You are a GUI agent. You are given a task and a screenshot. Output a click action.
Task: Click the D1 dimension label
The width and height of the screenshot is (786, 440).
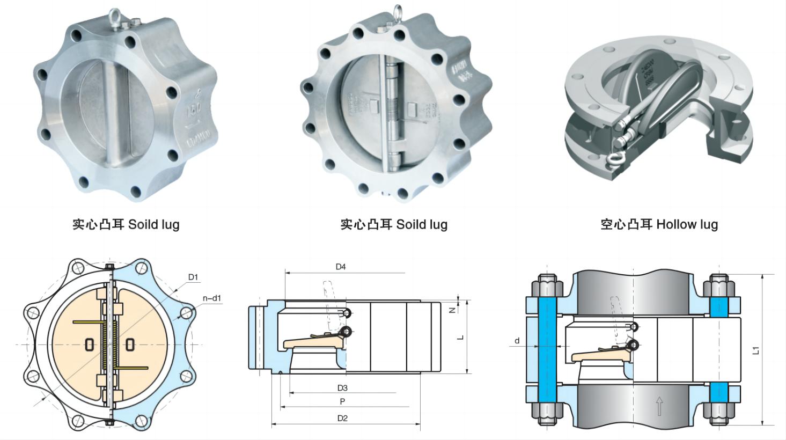(x=193, y=277)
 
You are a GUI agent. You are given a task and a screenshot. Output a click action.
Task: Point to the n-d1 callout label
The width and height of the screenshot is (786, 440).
(x=211, y=298)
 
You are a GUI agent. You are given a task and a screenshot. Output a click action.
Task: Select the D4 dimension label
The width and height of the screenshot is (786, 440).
(x=341, y=267)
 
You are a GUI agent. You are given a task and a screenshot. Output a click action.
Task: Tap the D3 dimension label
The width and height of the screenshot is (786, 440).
(x=342, y=387)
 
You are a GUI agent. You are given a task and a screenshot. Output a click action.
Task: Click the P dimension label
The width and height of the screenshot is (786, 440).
(x=342, y=401)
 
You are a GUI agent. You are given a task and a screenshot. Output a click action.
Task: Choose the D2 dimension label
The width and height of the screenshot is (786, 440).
(x=342, y=418)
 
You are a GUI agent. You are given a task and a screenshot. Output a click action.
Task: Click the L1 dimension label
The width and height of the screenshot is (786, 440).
(x=756, y=350)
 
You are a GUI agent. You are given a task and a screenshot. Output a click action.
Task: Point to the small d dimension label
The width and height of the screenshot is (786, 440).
(x=517, y=340)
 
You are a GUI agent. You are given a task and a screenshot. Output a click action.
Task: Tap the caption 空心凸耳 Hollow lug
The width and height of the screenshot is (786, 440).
(x=659, y=224)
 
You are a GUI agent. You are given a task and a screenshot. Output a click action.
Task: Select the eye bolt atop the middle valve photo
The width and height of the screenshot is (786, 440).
(x=398, y=14)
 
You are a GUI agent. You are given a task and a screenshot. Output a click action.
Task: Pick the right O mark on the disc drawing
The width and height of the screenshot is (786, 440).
(x=130, y=344)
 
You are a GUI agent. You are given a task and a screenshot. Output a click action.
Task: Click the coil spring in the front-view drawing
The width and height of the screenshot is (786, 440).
(x=113, y=343)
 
